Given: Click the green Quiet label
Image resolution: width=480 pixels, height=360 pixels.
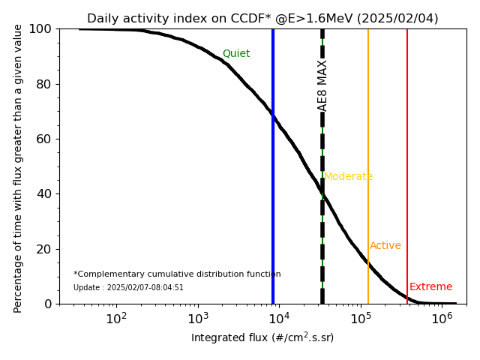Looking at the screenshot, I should pyautogui.click(x=236, y=54).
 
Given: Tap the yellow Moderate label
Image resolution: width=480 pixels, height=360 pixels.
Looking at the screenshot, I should pyautogui.click(x=348, y=177).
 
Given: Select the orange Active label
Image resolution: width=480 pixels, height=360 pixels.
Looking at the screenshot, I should pyautogui.click(x=385, y=246).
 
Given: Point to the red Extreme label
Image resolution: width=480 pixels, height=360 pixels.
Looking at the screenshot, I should pyautogui.click(x=431, y=287).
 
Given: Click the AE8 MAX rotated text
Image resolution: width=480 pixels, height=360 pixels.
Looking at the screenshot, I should pyautogui.click(x=323, y=85).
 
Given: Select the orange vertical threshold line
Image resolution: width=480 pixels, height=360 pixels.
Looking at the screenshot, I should pyautogui.click(x=368, y=150).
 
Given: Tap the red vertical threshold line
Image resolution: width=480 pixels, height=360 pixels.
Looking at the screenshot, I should pyautogui.click(x=407, y=150).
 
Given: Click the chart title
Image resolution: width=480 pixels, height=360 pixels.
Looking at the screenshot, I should pyautogui.click(x=262, y=19).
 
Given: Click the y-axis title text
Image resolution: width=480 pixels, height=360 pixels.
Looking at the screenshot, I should pyautogui.click(x=18, y=166).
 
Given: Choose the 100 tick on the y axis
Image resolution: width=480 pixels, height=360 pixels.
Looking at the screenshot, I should pyautogui.click(x=42, y=29).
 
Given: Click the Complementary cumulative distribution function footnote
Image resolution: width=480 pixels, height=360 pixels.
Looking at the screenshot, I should pyautogui.click(x=177, y=274).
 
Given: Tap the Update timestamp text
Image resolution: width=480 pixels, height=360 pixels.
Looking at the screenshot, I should pyautogui.click(x=128, y=288).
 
